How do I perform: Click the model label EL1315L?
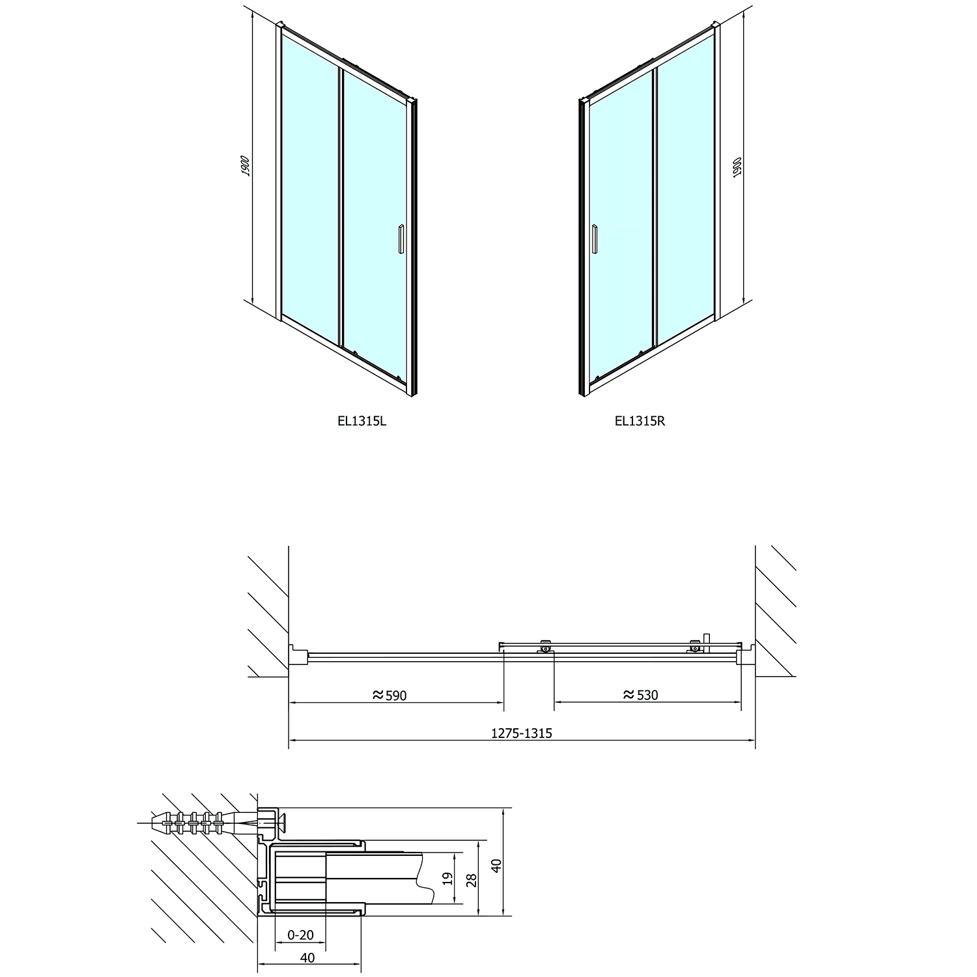coord(362,421)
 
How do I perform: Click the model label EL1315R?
coord(640,421)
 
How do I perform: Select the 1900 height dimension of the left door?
coord(245,165)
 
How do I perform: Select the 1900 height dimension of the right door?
coord(737,167)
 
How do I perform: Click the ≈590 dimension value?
coord(389,696)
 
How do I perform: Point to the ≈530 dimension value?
coord(641,695)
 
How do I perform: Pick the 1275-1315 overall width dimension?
coord(521,733)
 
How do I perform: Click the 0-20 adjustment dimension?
coord(300,935)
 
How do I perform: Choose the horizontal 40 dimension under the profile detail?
coord(308,958)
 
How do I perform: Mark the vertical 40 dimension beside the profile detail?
coord(496,866)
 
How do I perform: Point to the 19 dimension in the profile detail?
coord(447,879)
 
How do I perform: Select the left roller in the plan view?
coord(545,647)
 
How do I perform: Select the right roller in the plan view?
coord(696,647)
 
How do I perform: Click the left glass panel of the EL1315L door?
coord(310,189)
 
